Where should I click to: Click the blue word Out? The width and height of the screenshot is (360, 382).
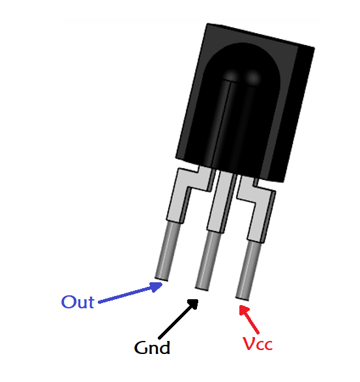(x=78, y=302)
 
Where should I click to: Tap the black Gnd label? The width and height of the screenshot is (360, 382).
(x=152, y=347)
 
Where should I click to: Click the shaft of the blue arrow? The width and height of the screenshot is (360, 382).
(x=127, y=294)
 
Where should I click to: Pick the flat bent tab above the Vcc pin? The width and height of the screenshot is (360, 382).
(x=257, y=206)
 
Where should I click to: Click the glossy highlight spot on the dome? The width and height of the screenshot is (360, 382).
(x=253, y=78)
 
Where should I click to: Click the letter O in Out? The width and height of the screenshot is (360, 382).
(x=68, y=302)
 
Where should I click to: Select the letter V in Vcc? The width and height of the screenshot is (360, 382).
(x=248, y=343)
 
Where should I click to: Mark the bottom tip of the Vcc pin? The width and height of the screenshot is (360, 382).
(x=243, y=297)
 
